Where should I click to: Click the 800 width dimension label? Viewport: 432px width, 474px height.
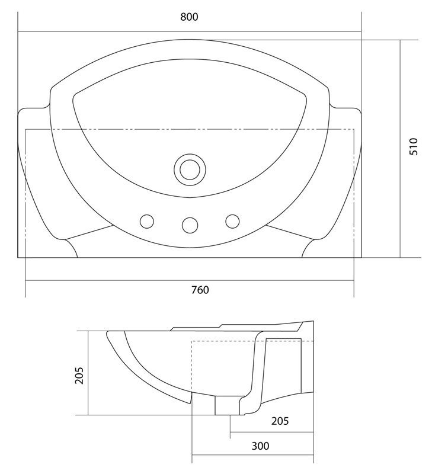tap(189, 17)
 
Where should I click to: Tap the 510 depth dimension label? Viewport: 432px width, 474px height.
tap(413, 146)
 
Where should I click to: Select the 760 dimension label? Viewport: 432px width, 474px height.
tap(200, 290)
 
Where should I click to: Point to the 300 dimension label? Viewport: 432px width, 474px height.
tap(260, 446)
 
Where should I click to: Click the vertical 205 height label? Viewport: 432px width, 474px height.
tap(79, 376)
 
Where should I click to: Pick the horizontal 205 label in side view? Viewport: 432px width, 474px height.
tap(280, 421)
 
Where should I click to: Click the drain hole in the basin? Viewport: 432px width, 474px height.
tap(190, 169)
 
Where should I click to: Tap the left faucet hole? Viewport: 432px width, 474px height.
tap(147, 221)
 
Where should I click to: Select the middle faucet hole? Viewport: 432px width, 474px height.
tap(190, 225)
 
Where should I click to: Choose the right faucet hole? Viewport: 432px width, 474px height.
tap(232, 221)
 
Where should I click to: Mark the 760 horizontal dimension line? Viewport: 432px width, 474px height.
tap(190, 281)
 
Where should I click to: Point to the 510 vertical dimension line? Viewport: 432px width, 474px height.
tap(400, 149)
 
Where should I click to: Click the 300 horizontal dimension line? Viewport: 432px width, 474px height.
tap(252, 454)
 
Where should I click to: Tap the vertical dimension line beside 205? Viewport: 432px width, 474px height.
tap(88, 373)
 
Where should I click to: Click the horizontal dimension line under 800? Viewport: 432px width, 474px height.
tap(190, 31)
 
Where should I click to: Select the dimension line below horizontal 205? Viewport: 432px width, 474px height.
tap(272, 433)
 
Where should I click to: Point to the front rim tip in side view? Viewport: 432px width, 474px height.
tap(107, 333)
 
